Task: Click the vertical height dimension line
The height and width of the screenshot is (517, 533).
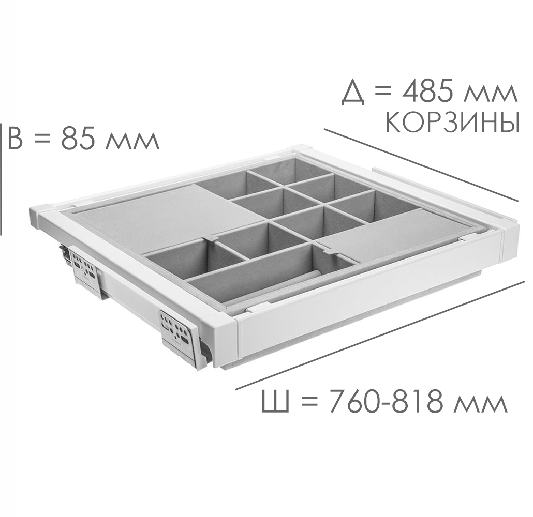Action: (x=2, y=179)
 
